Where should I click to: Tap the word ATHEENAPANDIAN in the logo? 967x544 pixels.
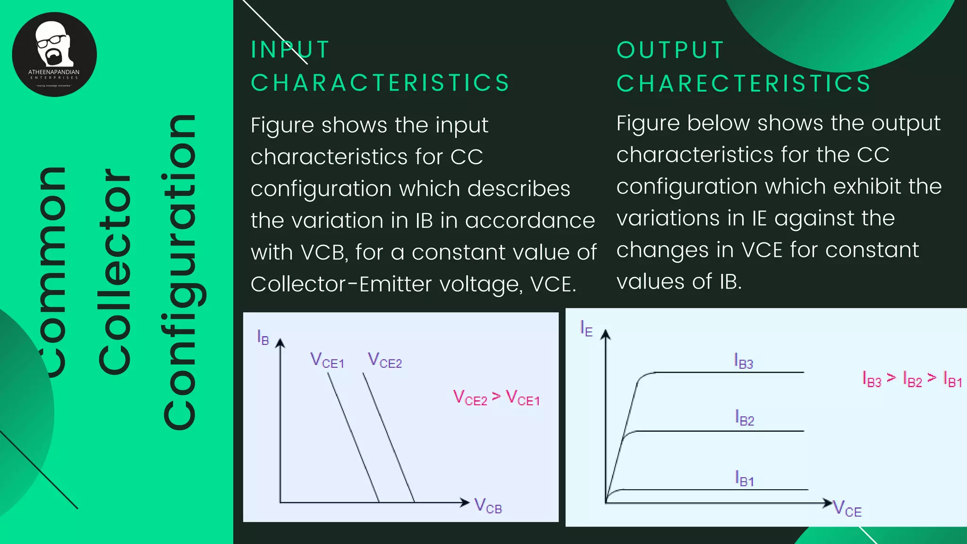[x=54, y=72]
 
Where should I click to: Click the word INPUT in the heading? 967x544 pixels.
[x=290, y=50]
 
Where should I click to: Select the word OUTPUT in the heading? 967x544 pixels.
[x=670, y=50]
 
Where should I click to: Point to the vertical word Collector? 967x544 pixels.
[x=114, y=272]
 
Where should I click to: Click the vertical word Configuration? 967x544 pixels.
[x=180, y=272]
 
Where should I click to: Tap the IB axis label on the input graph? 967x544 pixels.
[x=263, y=337]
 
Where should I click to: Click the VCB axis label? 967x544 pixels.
[x=488, y=506]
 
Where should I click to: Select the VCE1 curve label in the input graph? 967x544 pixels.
[x=327, y=361]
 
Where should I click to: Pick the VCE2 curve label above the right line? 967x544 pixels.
[x=385, y=360]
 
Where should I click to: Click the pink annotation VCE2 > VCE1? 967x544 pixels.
[x=496, y=398]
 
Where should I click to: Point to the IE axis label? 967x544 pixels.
[x=586, y=328]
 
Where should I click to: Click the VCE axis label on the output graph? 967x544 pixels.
[x=848, y=509]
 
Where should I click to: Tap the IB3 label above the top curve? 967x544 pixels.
[x=744, y=361]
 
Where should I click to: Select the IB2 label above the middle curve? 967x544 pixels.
[x=745, y=418]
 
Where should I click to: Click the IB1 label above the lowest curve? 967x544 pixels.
[x=745, y=479]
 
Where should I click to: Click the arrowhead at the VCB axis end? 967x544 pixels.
[x=465, y=502]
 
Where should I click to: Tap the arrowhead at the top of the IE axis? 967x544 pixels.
[x=606, y=334]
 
